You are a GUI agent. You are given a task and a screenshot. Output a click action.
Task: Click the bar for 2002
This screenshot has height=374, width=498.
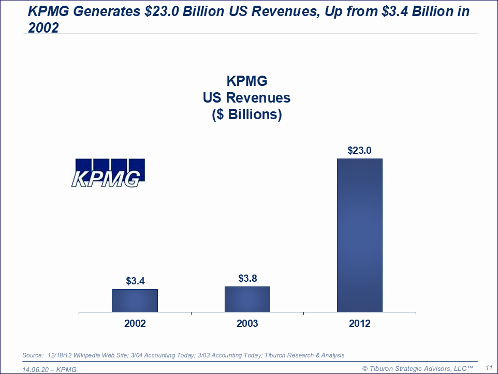point(135,300)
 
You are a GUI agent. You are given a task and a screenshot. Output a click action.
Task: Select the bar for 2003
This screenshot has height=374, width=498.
point(247,299)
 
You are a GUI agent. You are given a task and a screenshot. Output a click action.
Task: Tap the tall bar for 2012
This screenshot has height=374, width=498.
point(359,235)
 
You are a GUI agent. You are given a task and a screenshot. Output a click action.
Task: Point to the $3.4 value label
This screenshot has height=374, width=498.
point(135,281)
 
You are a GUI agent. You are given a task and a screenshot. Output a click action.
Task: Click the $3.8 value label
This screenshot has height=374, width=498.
point(247,279)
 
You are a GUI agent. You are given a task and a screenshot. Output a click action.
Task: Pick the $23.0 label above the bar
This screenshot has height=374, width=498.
point(359,151)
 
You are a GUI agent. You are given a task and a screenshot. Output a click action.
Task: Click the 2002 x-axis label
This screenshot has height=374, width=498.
point(135,324)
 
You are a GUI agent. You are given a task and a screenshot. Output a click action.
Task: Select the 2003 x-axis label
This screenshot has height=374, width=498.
point(247,324)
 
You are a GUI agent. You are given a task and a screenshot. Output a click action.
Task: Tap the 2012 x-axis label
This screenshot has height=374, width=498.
point(359,324)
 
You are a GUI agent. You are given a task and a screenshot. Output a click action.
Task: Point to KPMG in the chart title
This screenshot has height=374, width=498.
point(247,81)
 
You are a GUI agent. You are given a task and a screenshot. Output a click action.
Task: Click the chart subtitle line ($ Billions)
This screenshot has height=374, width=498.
point(247,114)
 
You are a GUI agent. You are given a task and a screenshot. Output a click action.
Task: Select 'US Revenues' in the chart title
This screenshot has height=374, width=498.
point(247,98)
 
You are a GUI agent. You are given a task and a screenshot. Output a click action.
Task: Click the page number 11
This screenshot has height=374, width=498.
point(488,367)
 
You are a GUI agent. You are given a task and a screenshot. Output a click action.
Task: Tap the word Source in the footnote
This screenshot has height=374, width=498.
point(33,355)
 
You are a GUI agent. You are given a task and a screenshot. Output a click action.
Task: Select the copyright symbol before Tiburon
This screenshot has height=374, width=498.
point(365,368)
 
